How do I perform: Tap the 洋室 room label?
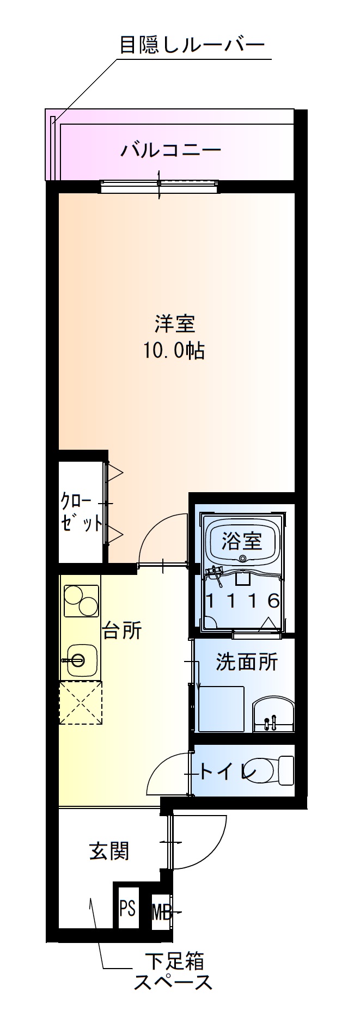pos(174,324)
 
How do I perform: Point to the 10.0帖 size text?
pos(174,351)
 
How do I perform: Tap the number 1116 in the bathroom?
pos(242,601)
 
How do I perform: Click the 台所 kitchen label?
pos(123,630)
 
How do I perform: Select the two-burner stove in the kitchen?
pos(81,601)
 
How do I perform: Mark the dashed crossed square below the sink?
pos(81,702)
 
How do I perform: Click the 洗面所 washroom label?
pos(247,662)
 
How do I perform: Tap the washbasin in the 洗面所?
pos(273,715)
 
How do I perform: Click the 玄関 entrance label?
pos(109,850)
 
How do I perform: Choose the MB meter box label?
pos(161,911)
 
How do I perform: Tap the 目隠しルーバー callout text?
pos(191,45)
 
